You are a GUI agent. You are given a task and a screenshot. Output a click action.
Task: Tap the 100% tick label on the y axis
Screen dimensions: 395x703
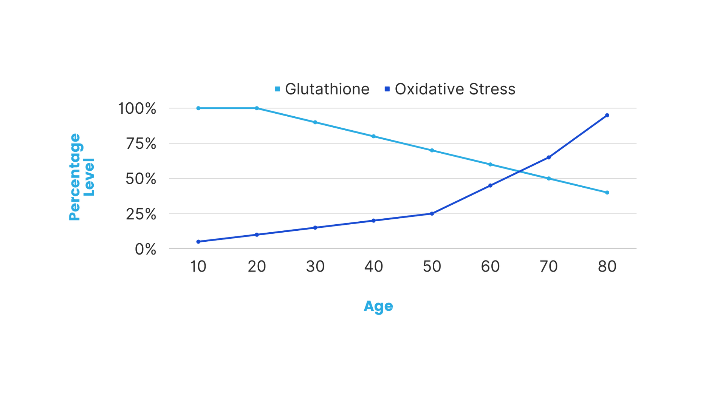[x=137, y=109]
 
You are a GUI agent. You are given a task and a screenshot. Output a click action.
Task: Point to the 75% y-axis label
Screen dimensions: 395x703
[x=141, y=144]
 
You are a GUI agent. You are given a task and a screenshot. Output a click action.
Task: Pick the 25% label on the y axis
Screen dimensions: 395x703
[x=141, y=214]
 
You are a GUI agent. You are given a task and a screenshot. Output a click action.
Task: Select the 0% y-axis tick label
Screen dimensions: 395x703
[x=146, y=250]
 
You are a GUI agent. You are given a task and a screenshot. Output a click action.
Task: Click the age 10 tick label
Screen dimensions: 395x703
[x=198, y=267]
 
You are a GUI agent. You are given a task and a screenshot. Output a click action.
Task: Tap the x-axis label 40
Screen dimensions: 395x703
[x=373, y=267]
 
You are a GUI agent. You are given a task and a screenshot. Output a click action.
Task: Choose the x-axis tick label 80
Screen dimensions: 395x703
[x=607, y=267]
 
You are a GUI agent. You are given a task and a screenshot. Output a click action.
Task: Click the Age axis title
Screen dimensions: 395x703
[x=378, y=306]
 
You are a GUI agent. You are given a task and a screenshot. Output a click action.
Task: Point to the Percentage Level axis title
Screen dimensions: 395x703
[x=81, y=177]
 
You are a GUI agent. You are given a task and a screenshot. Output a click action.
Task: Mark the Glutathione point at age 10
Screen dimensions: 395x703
[x=198, y=108]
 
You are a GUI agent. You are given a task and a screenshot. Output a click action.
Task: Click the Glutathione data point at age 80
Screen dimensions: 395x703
[x=607, y=193]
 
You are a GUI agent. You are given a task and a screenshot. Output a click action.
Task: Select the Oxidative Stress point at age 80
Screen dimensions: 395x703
[x=607, y=115]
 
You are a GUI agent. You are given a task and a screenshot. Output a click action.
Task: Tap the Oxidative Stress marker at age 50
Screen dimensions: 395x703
[x=432, y=214]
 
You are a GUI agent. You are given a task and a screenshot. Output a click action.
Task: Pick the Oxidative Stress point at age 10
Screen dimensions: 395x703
[x=198, y=242]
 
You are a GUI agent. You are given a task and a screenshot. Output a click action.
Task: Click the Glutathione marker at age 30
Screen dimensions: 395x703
[x=315, y=122]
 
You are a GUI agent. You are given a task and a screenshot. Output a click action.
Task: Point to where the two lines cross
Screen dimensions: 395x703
[x=519, y=172]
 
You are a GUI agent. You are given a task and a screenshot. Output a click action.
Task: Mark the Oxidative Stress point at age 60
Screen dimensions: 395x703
[x=490, y=185]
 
